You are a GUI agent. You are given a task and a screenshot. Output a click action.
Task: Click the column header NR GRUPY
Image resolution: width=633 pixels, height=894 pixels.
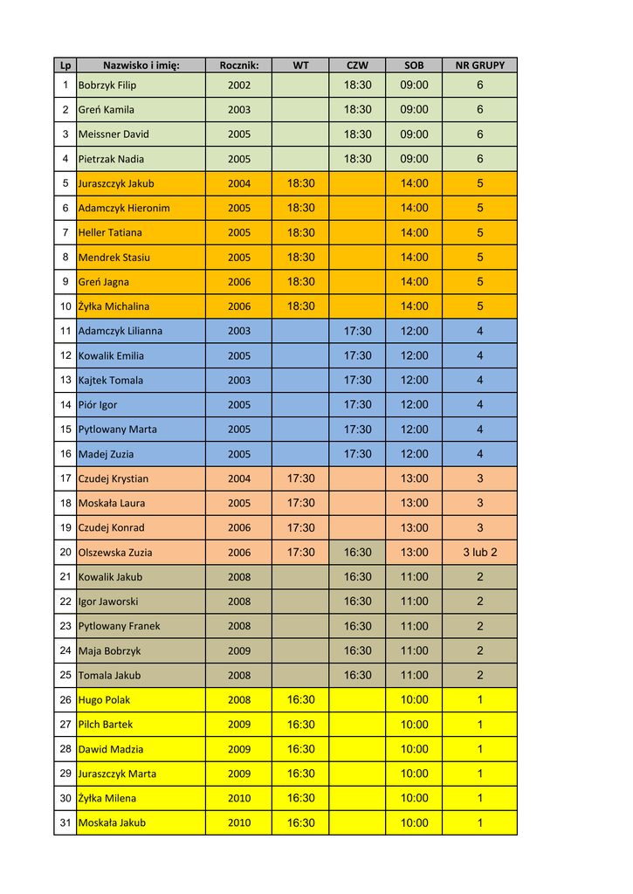(x=479, y=65)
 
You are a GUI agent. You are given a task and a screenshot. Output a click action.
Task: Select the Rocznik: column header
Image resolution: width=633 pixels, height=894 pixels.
(x=239, y=65)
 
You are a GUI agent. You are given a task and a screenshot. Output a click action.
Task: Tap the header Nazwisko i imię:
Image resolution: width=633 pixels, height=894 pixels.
(x=141, y=65)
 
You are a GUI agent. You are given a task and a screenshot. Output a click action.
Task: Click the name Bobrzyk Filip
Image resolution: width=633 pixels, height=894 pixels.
(x=107, y=86)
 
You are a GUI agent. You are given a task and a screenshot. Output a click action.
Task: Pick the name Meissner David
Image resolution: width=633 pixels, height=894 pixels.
(x=114, y=134)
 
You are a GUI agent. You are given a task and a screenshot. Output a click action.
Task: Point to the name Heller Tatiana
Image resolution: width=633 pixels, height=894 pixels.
(x=110, y=233)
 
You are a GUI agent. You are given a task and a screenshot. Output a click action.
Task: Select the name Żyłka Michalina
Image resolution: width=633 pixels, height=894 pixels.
(x=114, y=306)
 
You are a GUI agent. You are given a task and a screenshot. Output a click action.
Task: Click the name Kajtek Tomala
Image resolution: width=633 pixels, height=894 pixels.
(x=111, y=381)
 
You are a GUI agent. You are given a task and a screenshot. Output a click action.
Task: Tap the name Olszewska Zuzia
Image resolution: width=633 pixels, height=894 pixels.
(x=115, y=553)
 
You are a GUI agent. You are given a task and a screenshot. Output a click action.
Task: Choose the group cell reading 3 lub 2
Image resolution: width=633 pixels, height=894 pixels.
(x=479, y=553)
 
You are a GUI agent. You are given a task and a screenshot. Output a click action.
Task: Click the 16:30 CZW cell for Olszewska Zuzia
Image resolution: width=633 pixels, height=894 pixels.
(x=357, y=553)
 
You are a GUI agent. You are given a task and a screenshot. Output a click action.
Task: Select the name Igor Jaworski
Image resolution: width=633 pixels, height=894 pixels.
(x=108, y=602)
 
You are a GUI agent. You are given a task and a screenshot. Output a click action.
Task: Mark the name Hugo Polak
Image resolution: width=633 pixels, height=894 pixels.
(x=104, y=700)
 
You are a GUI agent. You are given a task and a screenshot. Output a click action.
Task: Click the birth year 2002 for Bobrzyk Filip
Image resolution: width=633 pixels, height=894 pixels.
(x=239, y=86)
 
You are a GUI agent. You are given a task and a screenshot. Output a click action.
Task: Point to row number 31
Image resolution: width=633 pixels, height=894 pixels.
(x=65, y=823)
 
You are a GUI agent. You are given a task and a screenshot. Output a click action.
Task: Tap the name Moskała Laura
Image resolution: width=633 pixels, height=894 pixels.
(x=111, y=504)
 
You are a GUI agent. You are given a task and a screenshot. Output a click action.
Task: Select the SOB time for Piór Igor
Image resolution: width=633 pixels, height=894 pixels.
(x=414, y=405)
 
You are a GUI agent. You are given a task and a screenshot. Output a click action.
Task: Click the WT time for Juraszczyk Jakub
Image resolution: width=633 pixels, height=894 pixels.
(x=301, y=184)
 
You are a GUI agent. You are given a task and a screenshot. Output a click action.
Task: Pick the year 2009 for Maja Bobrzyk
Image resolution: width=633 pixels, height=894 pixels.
(x=239, y=651)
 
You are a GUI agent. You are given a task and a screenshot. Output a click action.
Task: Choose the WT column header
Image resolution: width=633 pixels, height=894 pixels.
(x=301, y=65)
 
